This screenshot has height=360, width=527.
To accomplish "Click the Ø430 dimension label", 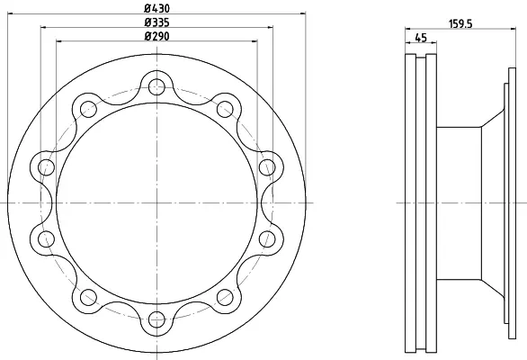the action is point(157,8).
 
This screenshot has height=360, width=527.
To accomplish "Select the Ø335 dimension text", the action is point(157,22).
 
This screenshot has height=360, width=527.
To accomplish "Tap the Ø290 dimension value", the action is point(157,36).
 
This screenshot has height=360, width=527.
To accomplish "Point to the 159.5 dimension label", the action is point(460,24).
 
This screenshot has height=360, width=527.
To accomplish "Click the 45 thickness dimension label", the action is point(421,37).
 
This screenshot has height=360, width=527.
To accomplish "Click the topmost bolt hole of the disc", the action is point(156,86).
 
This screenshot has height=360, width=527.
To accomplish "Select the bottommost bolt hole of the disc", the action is point(156,319).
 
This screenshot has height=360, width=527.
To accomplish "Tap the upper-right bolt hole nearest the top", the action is point(225,109).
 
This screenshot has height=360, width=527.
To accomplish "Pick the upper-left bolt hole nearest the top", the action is point(89,109).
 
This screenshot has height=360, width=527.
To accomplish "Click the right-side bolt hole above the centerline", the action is point(267,166).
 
